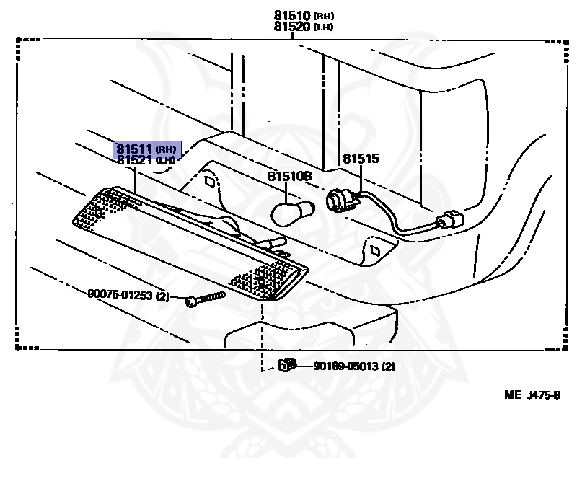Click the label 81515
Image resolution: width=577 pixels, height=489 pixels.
[x=360, y=159]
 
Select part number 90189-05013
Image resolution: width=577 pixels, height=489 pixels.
[x=346, y=366]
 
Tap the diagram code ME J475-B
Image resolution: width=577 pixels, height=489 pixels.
[x=532, y=395]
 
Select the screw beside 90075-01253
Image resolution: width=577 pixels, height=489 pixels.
[x=205, y=297]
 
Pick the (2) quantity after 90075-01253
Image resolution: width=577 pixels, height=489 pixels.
[x=162, y=295]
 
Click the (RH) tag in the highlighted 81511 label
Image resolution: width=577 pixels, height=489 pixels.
[x=165, y=149]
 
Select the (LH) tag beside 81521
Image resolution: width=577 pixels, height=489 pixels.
[x=165, y=160]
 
